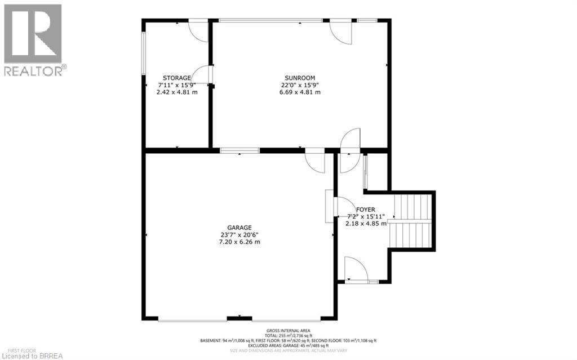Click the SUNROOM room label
300,78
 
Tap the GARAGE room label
240,227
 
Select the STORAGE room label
176,78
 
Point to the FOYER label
365,209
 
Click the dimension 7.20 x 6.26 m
240,242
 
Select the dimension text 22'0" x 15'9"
300,85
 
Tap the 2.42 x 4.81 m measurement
176,92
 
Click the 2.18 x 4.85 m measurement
366,223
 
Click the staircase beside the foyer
414,220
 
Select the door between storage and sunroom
204,74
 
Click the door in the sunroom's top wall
341,31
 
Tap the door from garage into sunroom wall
316,161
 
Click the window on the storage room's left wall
143,53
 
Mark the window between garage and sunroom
239,150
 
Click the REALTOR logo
33,39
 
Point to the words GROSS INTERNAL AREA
288,331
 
